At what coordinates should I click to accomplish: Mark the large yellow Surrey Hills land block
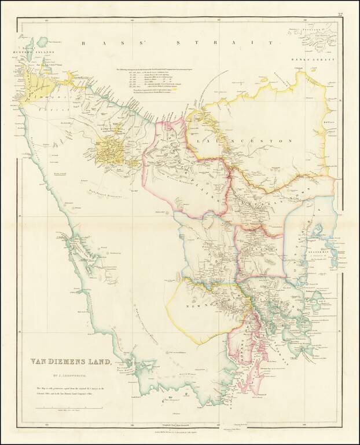click(x=110, y=152)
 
